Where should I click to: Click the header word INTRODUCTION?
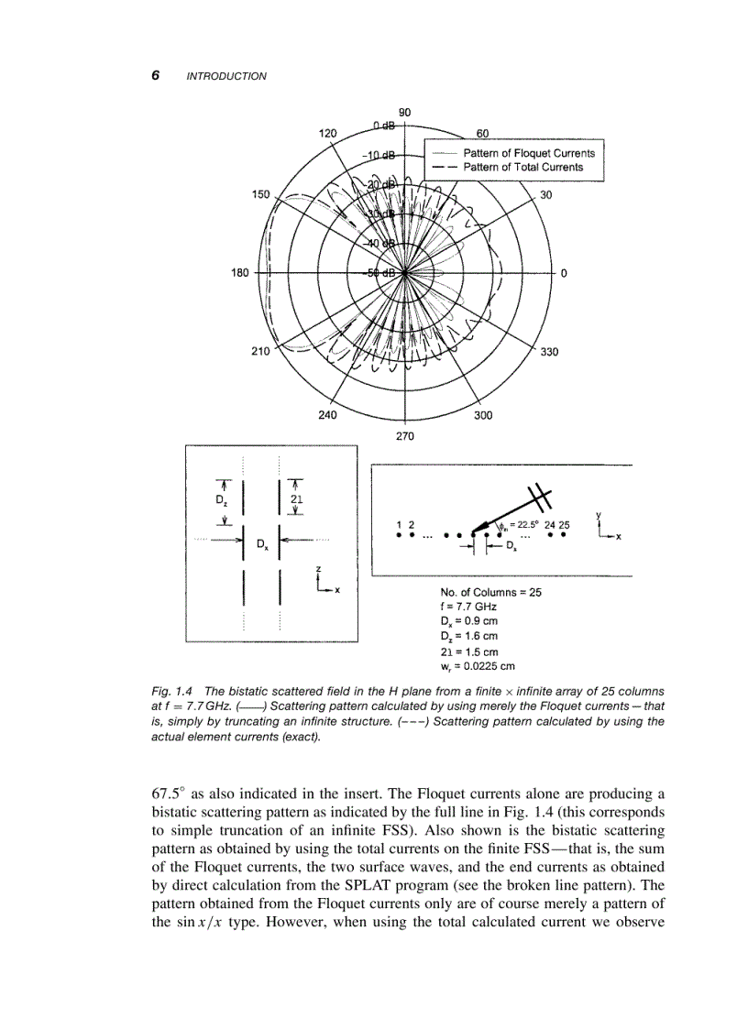point(226,76)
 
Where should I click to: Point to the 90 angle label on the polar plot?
point(404,111)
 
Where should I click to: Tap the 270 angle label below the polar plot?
point(404,435)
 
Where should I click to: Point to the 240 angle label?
point(326,414)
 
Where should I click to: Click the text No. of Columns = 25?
point(490,592)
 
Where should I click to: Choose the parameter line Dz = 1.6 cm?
point(469,636)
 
